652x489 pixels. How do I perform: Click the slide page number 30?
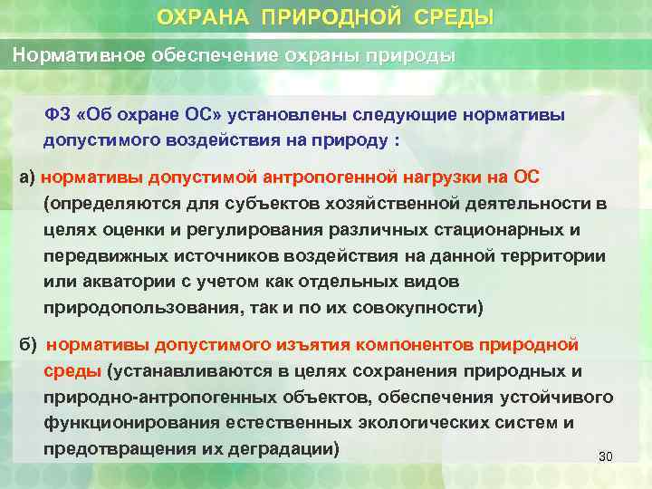(606, 456)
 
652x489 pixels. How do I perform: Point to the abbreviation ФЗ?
(57, 116)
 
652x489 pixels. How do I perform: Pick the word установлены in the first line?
(287, 116)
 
